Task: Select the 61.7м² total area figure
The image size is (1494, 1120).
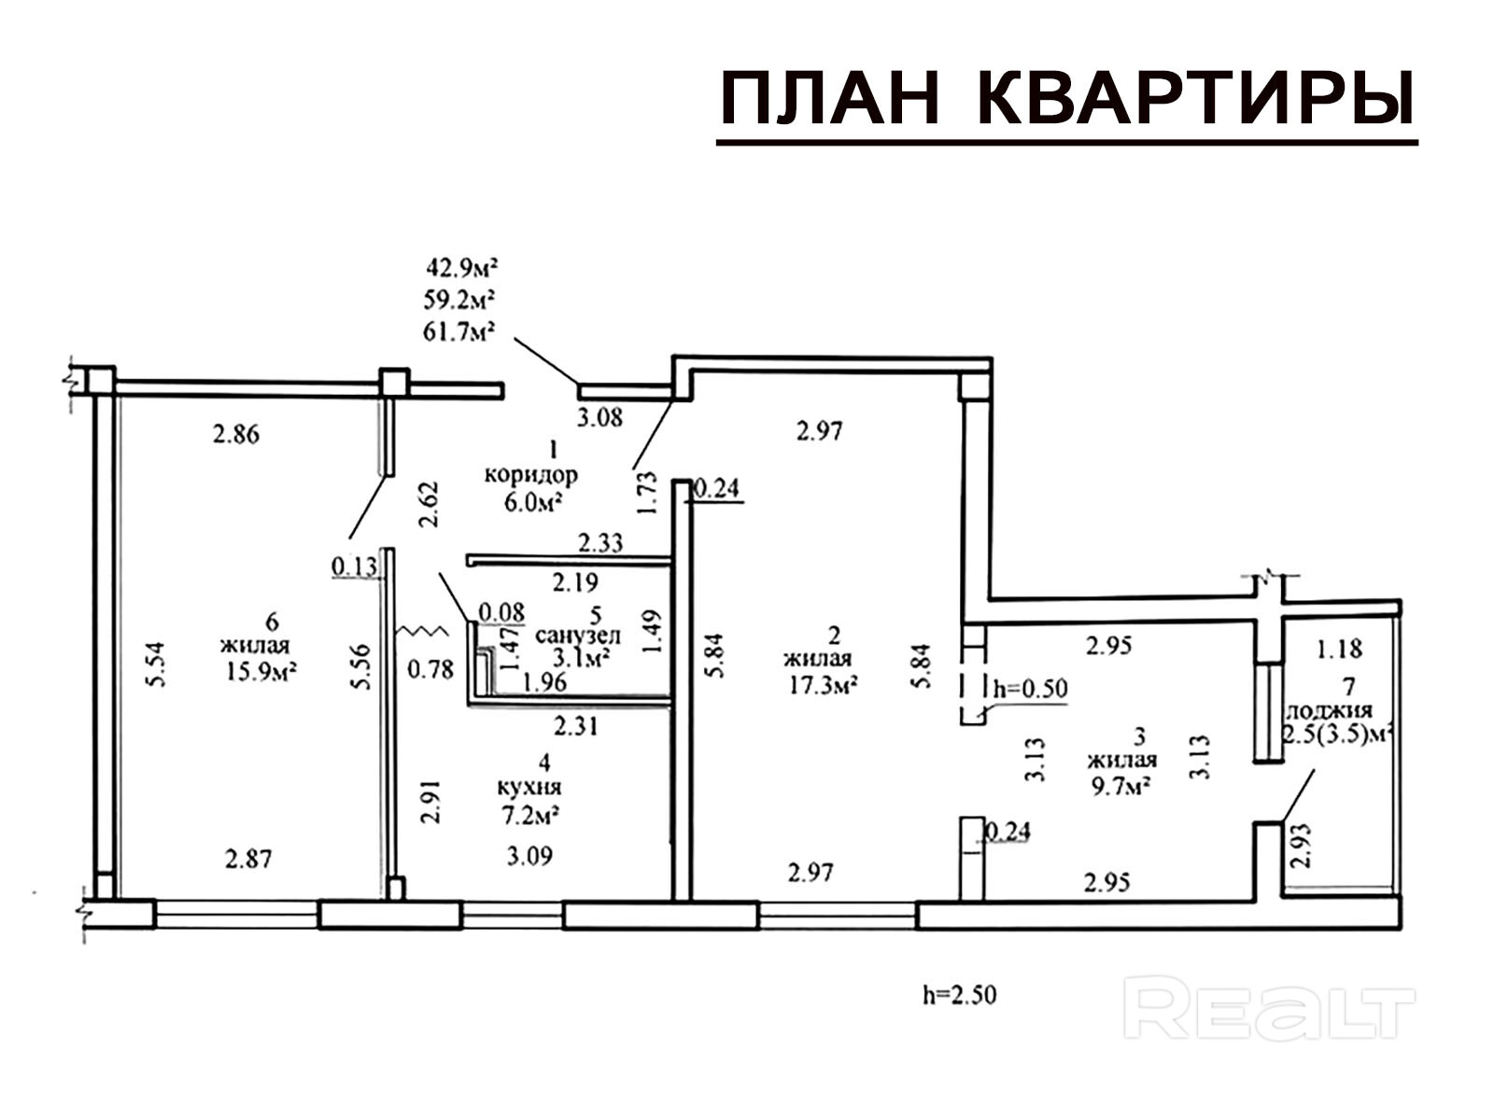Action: point(460,330)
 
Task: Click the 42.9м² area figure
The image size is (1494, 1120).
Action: point(460,269)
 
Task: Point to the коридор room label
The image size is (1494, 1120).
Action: point(530,475)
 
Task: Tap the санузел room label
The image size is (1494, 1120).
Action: point(578,636)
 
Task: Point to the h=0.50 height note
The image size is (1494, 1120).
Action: point(1030,689)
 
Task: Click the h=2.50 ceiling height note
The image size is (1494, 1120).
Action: point(960,995)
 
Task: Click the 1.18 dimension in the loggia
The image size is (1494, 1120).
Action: point(1339,648)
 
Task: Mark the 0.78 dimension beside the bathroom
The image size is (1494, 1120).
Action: point(431,669)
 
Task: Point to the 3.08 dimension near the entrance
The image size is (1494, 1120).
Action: point(599,417)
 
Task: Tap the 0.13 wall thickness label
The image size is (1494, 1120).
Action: point(353,566)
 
